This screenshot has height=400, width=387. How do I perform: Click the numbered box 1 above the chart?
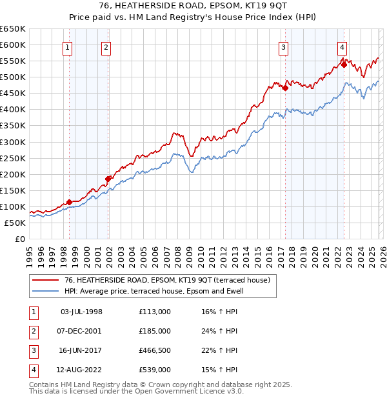point(68,46)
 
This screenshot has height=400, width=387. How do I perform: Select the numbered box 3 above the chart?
point(283,46)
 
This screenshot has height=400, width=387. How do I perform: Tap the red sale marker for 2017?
point(285,88)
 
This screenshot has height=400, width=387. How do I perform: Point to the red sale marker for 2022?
point(344,65)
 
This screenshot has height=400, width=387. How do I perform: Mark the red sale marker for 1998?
point(69,202)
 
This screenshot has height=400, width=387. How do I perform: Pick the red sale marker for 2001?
point(108,179)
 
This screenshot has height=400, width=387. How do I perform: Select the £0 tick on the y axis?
point(19,239)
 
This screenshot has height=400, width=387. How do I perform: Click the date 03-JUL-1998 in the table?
point(81,312)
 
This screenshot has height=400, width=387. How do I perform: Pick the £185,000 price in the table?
point(154,331)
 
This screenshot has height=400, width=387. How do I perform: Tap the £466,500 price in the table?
point(154,350)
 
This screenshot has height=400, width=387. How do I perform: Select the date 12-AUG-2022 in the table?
point(81,370)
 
